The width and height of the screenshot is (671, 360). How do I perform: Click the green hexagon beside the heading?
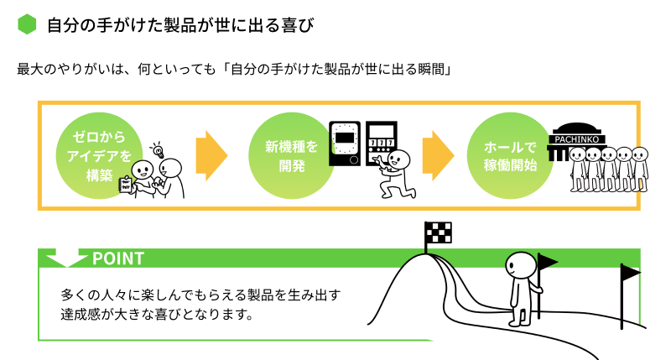coord(28,24)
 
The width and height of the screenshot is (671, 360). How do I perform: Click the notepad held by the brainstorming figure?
coord(127,184)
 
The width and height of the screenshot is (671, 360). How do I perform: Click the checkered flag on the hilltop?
coord(437,233)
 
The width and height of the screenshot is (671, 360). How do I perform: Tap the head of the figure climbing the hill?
coord(520,266)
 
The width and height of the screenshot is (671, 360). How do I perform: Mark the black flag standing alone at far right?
coord(629,273)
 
